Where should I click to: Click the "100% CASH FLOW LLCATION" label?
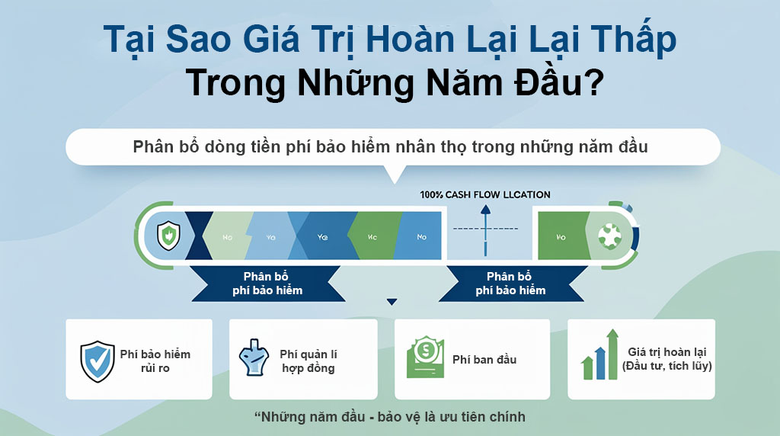pyautogui.click(x=485, y=194)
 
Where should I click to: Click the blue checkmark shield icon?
pyautogui.click(x=97, y=361)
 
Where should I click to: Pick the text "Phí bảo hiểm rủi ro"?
pyautogui.click(x=155, y=361)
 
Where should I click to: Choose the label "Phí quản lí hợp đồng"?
pyautogui.click(x=308, y=361)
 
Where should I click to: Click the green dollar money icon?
pyautogui.click(x=425, y=358)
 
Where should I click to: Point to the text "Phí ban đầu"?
pyautogui.click(x=484, y=359)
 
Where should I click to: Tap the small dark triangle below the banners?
pyautogui.click(x=392, y=302)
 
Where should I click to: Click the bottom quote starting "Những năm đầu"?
pyautogui.click(x=389, y=417)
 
